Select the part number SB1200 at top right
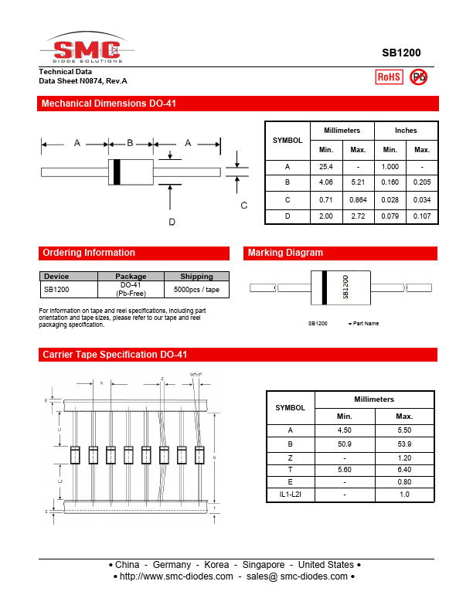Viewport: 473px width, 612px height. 401,53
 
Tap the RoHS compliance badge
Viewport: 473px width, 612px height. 388,76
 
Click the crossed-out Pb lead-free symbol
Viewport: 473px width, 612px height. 418,76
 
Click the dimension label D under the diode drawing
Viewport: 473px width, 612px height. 172,222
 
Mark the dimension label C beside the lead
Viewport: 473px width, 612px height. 243,205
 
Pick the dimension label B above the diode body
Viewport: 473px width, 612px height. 130,143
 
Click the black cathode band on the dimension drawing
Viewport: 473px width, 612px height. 117,172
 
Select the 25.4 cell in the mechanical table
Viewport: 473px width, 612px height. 326,167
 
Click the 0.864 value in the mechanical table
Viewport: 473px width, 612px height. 358,199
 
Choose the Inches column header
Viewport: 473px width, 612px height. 406,131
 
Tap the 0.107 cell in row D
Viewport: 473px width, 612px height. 422,216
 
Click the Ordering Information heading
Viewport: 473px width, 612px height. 88,253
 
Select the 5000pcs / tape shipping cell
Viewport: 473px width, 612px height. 196,289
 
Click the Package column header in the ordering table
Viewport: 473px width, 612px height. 131,276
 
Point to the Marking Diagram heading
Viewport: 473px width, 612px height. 285,253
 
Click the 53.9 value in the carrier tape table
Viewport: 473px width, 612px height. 404,444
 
